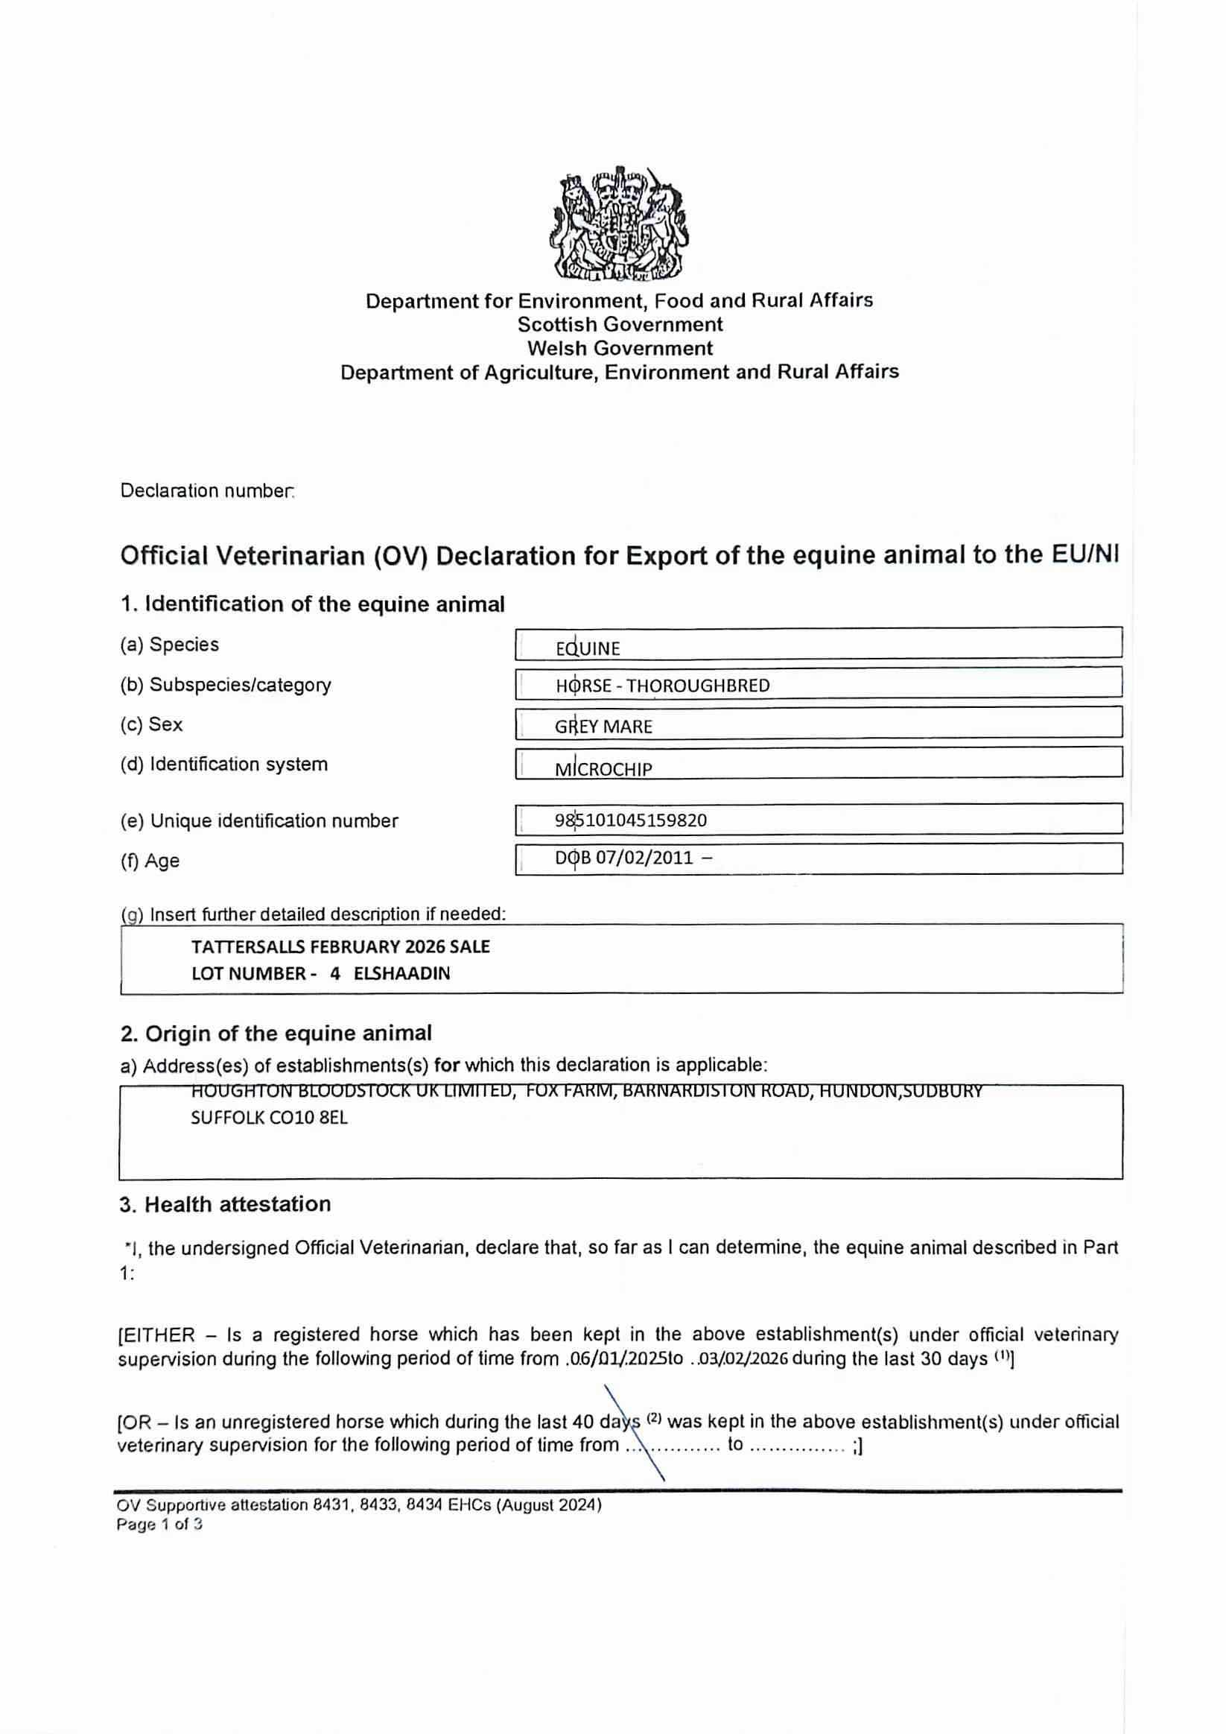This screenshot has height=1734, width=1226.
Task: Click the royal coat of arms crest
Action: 618,223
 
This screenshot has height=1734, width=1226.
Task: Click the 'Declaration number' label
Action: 207,491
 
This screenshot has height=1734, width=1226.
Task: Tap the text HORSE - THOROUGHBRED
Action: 663,686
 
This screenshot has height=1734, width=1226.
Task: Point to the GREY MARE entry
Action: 603,727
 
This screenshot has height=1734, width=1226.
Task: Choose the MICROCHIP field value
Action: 603,770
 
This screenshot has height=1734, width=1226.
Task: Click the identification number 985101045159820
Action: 630,820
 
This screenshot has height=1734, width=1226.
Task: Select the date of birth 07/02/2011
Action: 644,858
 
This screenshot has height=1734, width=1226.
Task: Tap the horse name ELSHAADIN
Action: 401,973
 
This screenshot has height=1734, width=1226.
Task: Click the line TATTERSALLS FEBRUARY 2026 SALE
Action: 340,947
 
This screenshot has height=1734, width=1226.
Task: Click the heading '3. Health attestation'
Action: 225,1205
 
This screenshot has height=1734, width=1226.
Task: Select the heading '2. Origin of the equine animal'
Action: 276,1033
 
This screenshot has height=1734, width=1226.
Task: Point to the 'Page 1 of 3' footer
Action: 159,1524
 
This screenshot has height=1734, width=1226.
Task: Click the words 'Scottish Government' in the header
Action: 620,325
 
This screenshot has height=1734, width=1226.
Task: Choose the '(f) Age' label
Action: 150,861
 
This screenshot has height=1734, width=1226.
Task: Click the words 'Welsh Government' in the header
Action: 620,348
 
